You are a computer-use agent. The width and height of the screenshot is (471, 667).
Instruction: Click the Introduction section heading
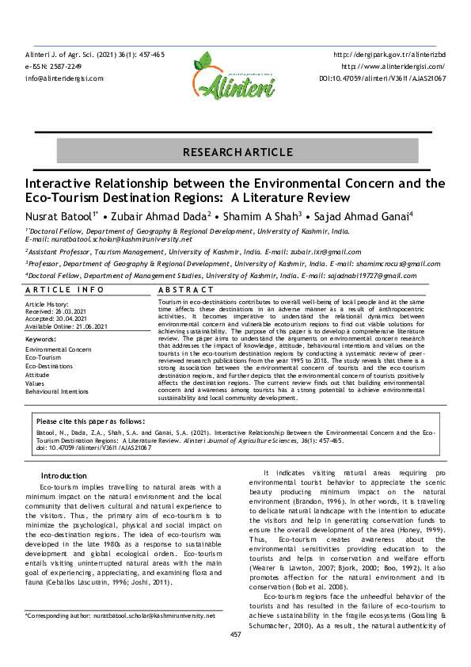point(63,475)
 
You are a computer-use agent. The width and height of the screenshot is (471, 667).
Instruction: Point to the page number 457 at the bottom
point(235,657)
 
